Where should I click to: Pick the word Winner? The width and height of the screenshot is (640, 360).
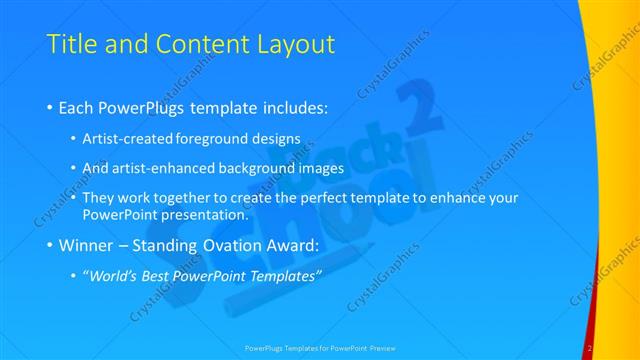tap(87, 245)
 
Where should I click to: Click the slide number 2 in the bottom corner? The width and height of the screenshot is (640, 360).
tap(591, 348)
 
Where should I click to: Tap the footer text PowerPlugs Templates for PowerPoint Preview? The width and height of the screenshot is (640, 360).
tap(319, 348)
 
